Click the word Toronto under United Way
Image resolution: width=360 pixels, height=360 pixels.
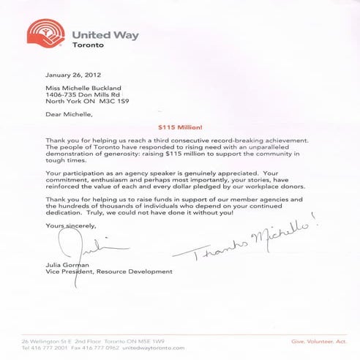click(x=89, y=45)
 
